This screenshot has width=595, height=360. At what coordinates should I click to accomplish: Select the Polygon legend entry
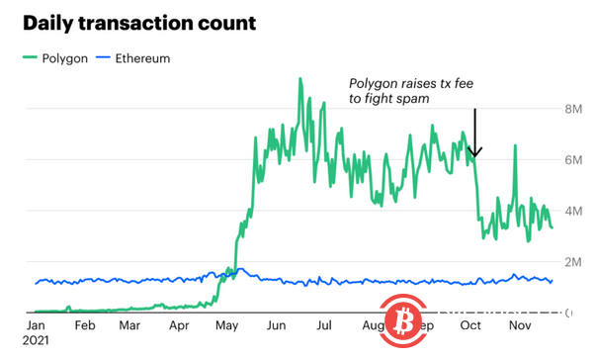click(60, 58)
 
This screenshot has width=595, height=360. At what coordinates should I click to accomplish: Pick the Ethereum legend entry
click(135, 58)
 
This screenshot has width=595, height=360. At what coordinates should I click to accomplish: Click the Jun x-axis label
click(279, 324)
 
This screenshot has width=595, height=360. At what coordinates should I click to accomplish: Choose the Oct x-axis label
click(470, 324)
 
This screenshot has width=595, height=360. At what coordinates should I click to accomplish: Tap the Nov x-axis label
click(520, 324)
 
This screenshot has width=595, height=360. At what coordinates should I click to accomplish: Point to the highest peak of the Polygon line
click(299, 79)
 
